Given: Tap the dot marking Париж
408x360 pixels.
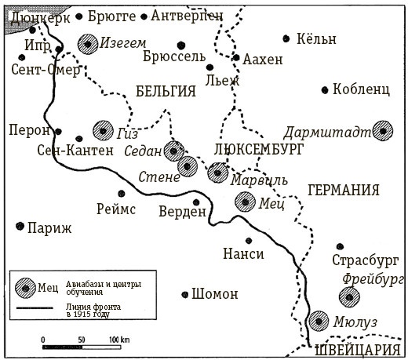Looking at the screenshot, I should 20,227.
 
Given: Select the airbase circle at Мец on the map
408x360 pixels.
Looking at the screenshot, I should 246,202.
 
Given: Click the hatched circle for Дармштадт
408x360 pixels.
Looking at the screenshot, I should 382,131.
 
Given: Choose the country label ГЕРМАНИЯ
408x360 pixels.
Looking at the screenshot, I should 344,190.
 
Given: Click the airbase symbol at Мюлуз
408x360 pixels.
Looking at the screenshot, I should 319,321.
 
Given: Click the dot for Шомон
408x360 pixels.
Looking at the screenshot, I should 184,294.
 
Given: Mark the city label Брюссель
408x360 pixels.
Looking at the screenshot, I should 174,57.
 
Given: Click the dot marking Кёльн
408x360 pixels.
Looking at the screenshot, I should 287,38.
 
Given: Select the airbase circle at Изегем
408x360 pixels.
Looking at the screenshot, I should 87,45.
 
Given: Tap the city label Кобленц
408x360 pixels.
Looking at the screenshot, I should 361,89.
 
